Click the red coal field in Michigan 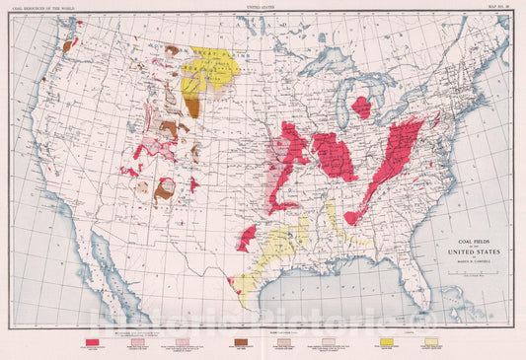coord(362,106)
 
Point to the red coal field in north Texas coord(247,238)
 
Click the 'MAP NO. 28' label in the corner coord(500,7)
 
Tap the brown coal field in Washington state coord(67,45)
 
